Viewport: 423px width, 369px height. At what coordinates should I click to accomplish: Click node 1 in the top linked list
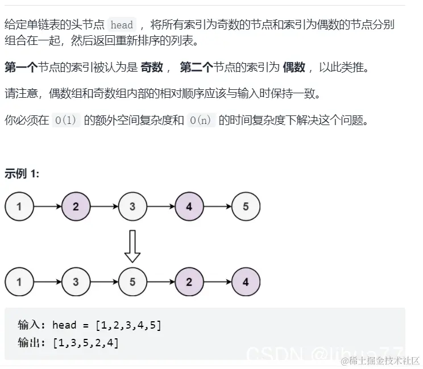19,206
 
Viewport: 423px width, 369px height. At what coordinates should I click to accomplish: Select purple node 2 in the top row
76,206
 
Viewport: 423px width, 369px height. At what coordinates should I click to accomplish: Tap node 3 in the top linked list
132,206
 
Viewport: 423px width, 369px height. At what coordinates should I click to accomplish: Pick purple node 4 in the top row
189,206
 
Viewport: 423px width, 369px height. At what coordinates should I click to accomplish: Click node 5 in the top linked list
246,206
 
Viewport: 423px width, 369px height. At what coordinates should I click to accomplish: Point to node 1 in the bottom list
19,281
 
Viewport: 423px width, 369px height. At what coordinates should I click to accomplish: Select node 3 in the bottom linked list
76,281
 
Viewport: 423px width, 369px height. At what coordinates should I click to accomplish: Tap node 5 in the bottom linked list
132,281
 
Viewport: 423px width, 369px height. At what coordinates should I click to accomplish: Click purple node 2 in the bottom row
189,281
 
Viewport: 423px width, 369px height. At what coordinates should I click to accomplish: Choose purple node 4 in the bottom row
246,281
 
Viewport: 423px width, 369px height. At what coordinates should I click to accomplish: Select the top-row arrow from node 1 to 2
48,206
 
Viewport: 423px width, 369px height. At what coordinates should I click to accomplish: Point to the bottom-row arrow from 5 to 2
161,281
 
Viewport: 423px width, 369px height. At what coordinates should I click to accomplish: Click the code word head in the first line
122,25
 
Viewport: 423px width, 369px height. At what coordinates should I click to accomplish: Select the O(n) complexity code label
202,121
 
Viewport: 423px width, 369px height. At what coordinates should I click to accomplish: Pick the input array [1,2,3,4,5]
128,325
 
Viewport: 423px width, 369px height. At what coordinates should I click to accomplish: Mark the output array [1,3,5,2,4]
85,342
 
